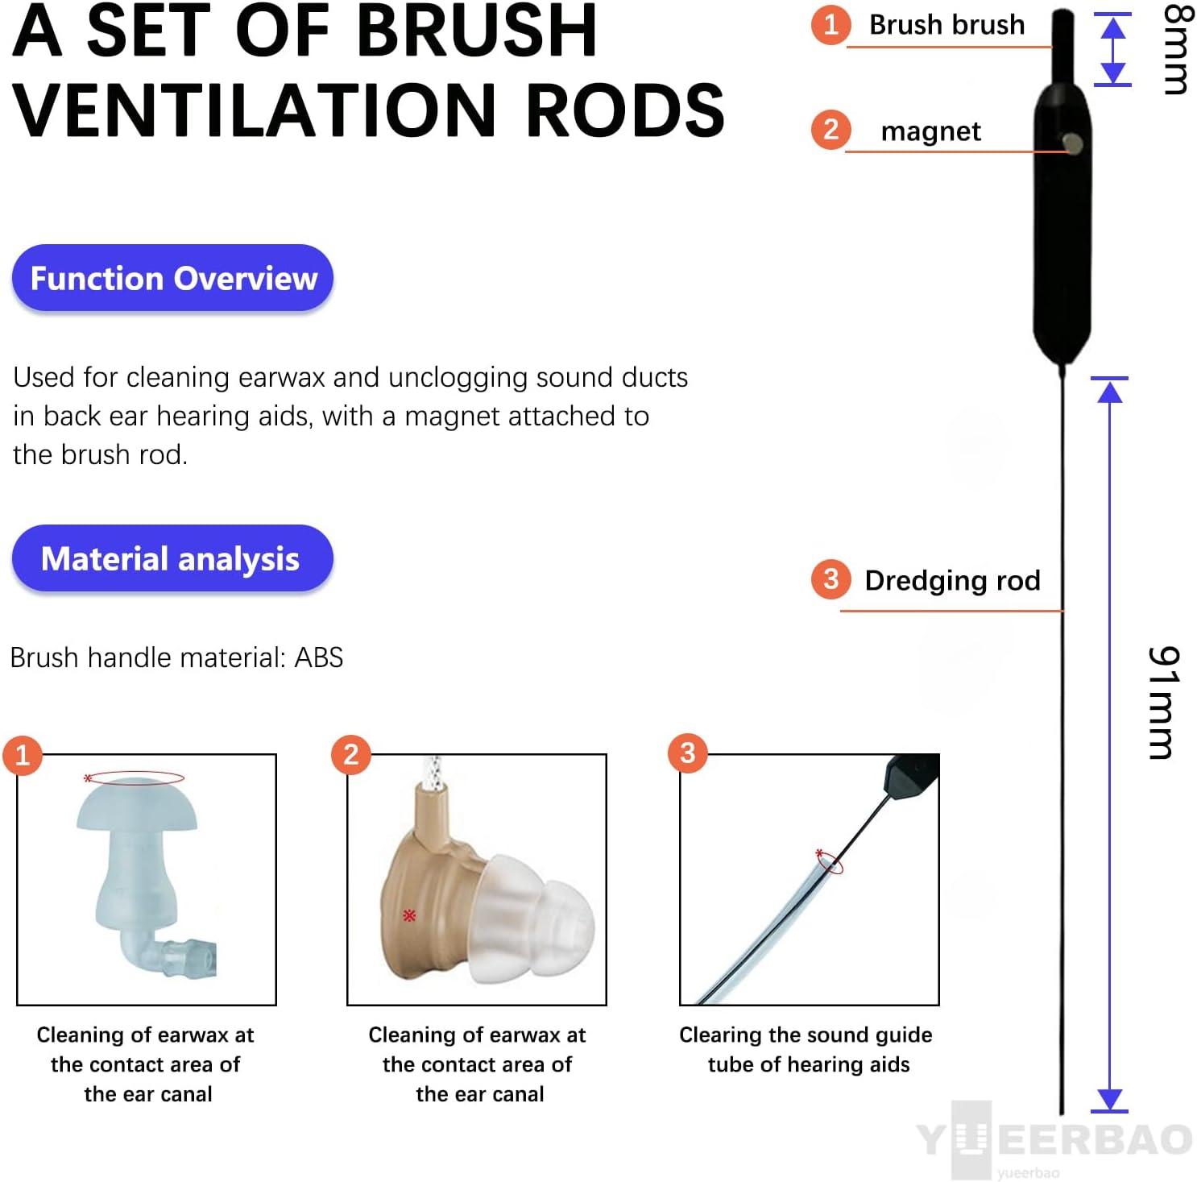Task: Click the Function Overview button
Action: coord(172,278)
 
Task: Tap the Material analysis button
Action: coord(172,558)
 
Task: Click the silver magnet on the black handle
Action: coord(1072,143)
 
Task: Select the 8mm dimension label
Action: coord(1175,50)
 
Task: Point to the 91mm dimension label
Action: coord(1163,703)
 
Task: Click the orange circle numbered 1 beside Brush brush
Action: coord(830,24)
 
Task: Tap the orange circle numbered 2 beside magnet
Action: coord(830,130)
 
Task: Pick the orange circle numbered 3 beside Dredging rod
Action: coord(830,579)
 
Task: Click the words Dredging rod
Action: coord(952,580)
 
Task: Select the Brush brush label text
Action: coord(946,25)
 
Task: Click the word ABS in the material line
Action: coord(319,657)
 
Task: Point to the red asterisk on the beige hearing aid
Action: coord(409,915)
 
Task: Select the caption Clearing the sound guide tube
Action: coord(806,1049)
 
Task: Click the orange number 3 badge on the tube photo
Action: coord(687,753)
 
